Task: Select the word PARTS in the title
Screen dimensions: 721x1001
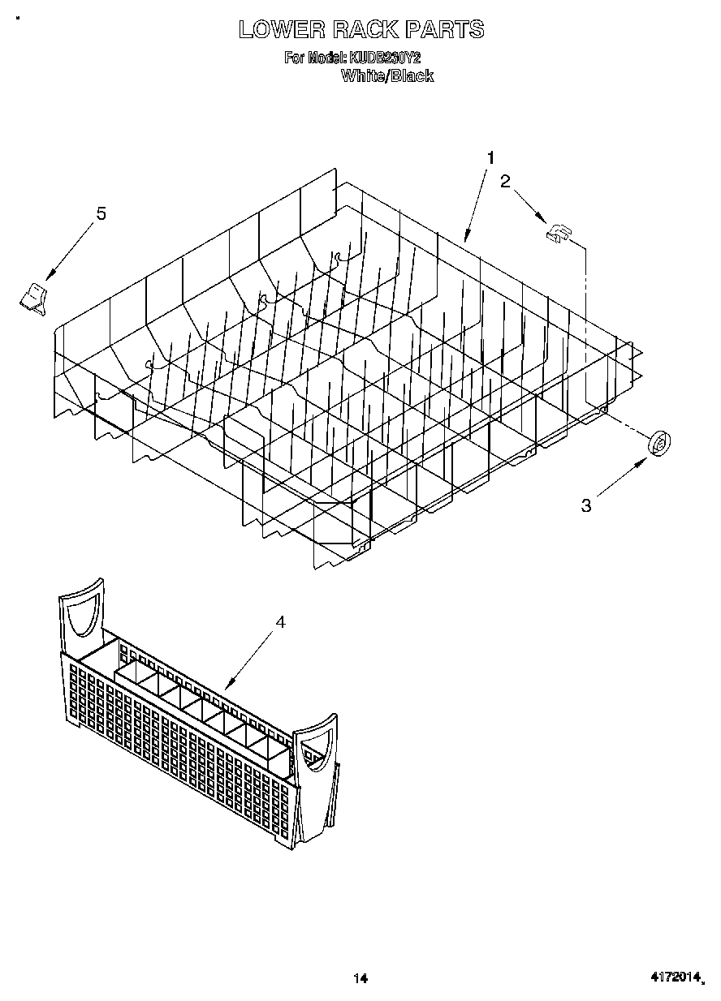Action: tap(445, 30)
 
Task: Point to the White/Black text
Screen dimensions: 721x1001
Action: tap(386, 76)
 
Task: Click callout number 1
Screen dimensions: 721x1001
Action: tap(490, 157)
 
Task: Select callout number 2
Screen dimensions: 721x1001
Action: tap(505, 182)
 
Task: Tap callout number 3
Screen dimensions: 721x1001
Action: tap(585, 506)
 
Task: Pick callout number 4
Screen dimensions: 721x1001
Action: tap(280, 622)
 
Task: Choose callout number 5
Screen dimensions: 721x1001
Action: tap(101, 213)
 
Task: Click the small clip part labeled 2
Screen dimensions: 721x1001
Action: tap(558, 234)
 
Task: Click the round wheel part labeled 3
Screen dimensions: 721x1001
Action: tap(659, 443)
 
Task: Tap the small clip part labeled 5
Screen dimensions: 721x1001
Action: tap(33, 297)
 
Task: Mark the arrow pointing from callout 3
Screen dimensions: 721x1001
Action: tap(620, 479)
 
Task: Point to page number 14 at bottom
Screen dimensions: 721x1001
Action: tap(360, 979)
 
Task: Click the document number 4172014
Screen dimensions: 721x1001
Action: tap(676, 979)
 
